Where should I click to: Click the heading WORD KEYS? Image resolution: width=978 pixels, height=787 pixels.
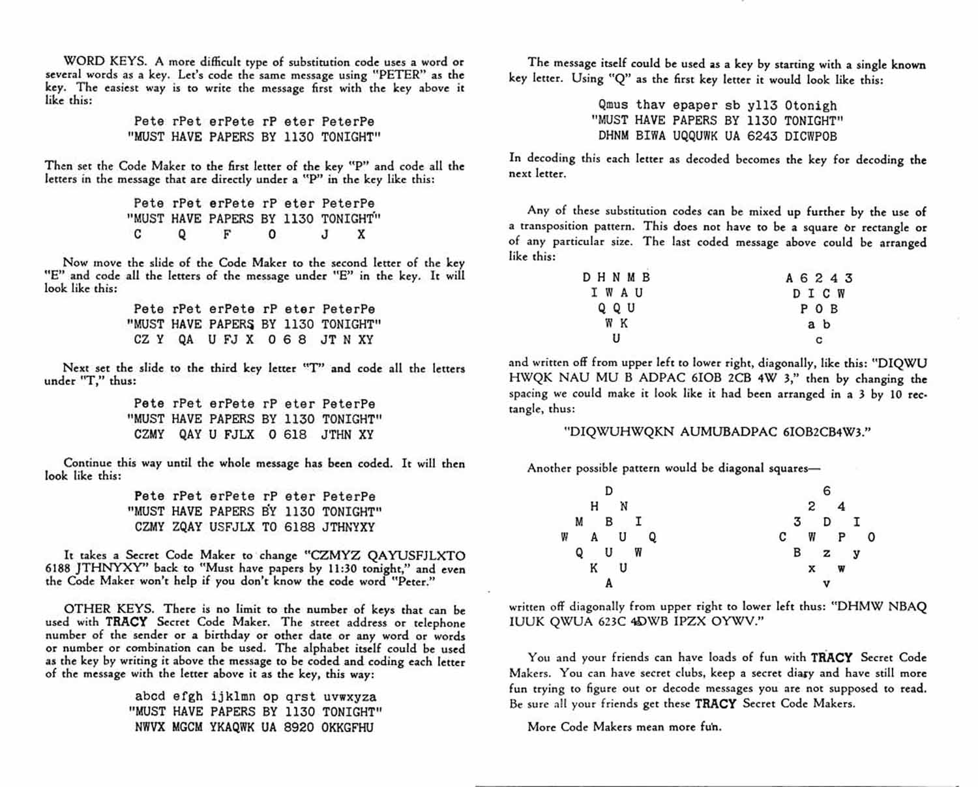point(106,62)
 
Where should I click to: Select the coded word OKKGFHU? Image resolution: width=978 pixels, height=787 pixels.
point(348,727)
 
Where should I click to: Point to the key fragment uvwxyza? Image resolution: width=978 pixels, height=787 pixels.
point(349,696)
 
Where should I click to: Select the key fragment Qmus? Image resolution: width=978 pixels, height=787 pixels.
point(613,105)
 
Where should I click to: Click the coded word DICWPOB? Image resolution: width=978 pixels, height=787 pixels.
point(810,136)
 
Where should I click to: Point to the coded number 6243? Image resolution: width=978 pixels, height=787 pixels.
point(762,136)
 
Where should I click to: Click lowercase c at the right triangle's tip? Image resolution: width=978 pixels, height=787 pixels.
point(819,340)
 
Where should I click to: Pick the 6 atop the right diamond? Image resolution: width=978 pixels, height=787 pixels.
point(827,491)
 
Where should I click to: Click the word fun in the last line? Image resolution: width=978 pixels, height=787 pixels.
point(710,726)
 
